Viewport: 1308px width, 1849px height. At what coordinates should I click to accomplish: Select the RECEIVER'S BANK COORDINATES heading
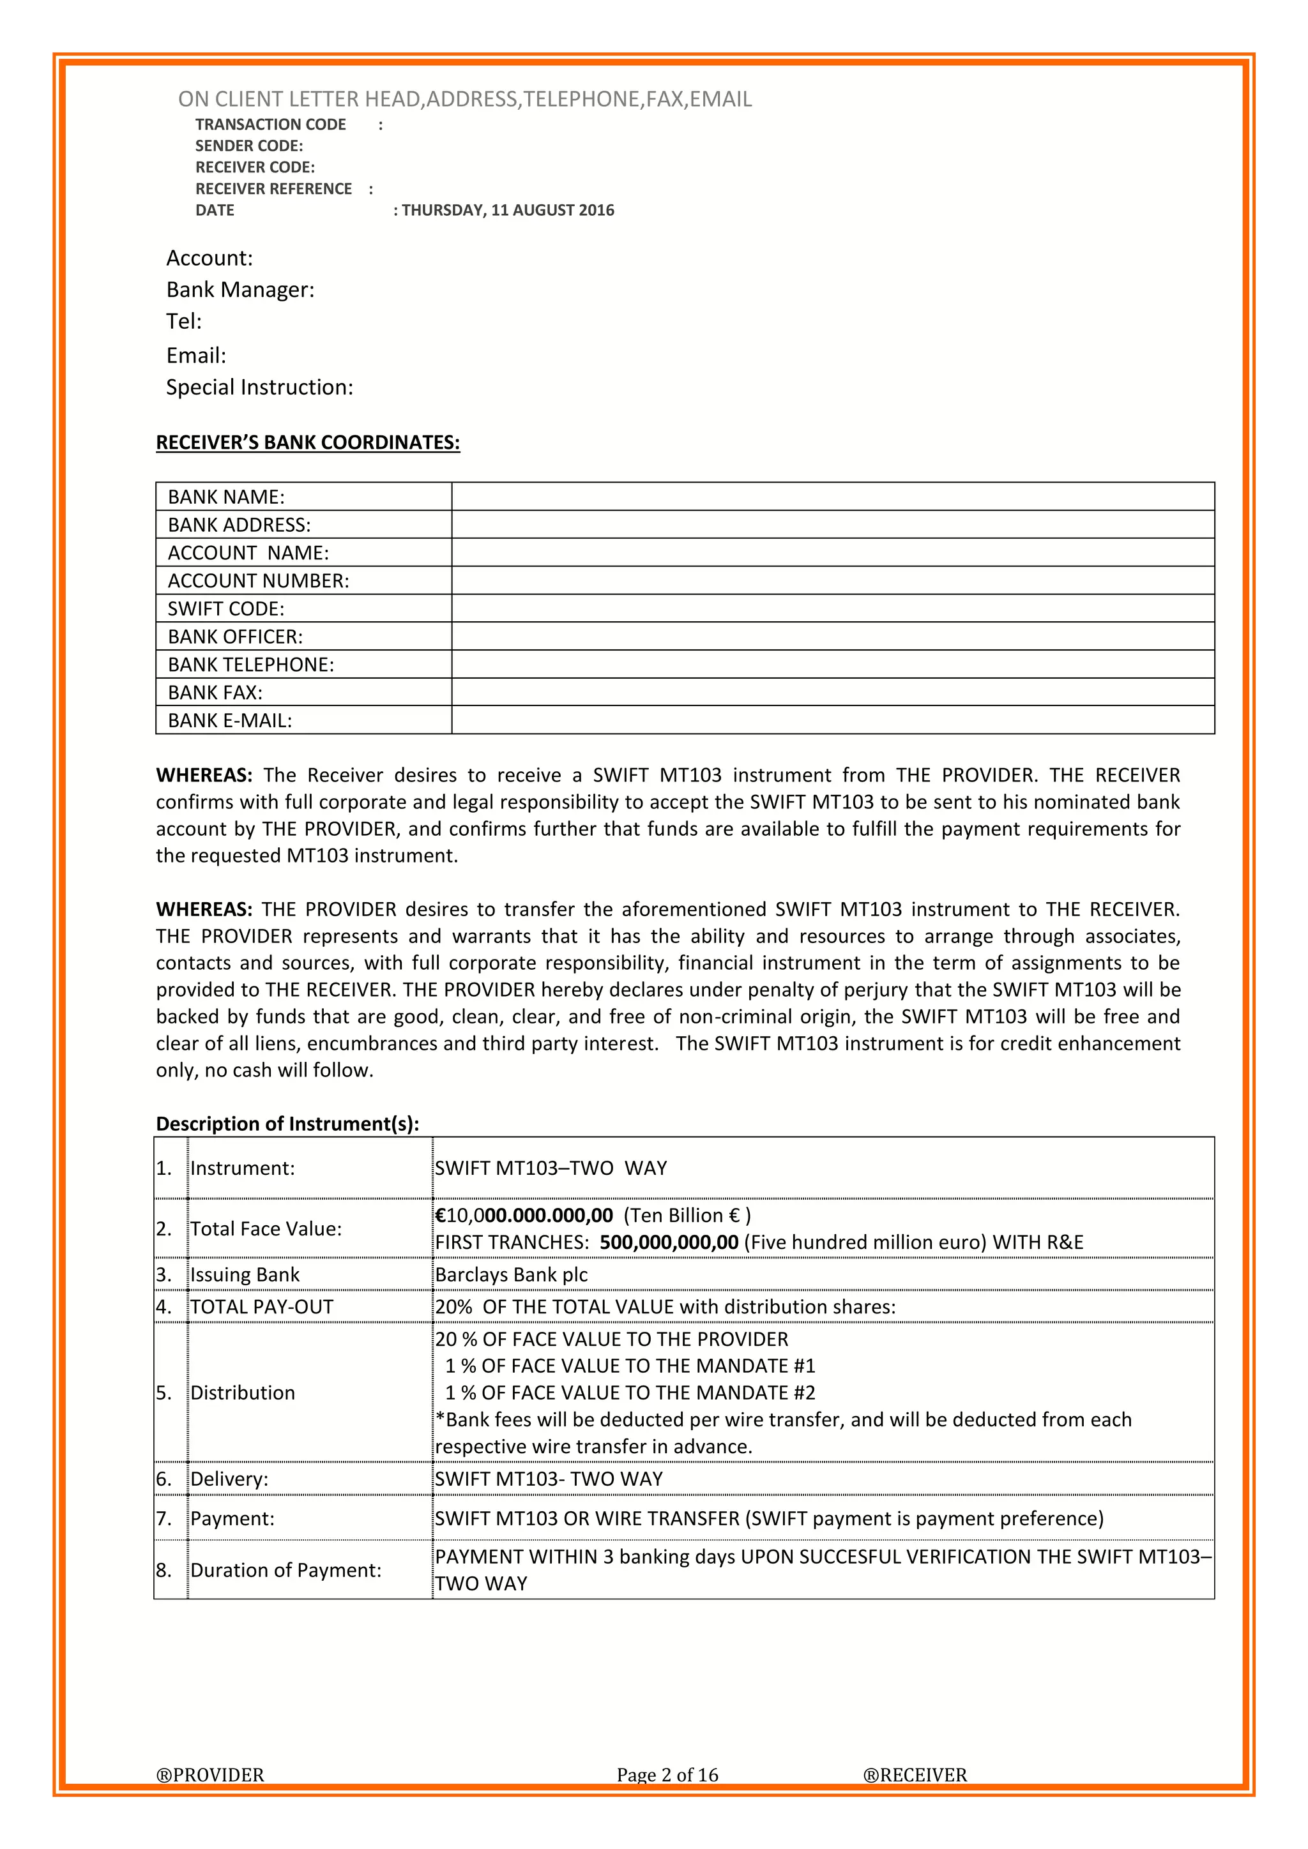[x=308, y=443]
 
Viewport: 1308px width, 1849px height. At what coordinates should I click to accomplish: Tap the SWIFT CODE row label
[x=225, y=609]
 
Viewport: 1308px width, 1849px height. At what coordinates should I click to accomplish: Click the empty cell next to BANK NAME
[x=832, y=497]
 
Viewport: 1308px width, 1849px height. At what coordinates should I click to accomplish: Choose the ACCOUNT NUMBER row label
[x=258, y=580]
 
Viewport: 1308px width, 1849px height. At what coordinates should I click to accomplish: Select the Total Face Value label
[x=266, y=1229]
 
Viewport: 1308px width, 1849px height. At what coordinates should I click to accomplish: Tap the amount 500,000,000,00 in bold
[x=669, y=1242]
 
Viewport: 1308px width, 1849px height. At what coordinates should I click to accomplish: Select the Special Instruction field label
[x=259, y=388]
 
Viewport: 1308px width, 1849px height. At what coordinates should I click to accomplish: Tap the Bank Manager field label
[x=240, y=290]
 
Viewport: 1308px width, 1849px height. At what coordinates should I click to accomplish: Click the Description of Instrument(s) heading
[x=287, y=1124]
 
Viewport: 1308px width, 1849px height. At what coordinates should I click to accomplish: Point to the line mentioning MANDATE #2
[x=630, y=1393]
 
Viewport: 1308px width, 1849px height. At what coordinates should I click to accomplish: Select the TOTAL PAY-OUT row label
[x=262, y=1307]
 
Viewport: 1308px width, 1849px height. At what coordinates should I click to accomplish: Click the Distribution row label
[x=243, y=1393]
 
